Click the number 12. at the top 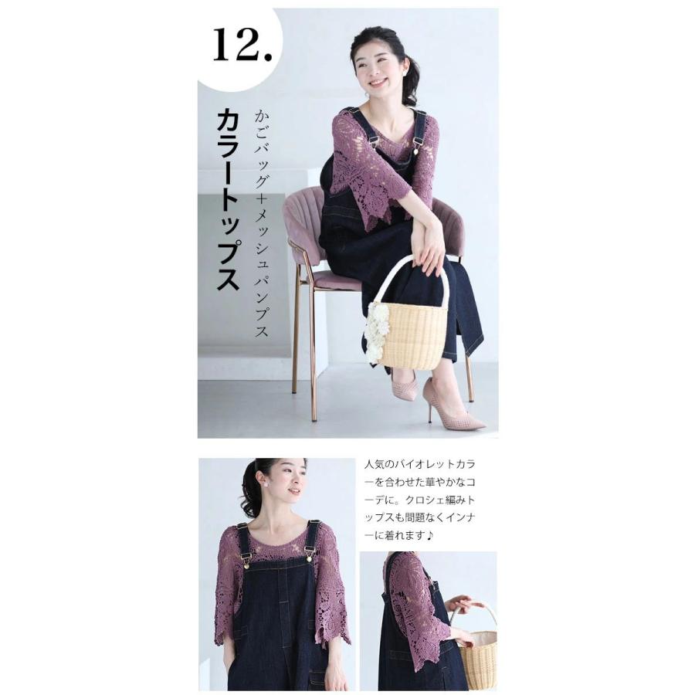point(242,46)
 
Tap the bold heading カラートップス point(228,199)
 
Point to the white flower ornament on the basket point(377,331)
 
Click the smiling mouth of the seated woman point(378,83)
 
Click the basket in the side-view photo point(479,656)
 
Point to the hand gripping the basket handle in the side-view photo point(464,605)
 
